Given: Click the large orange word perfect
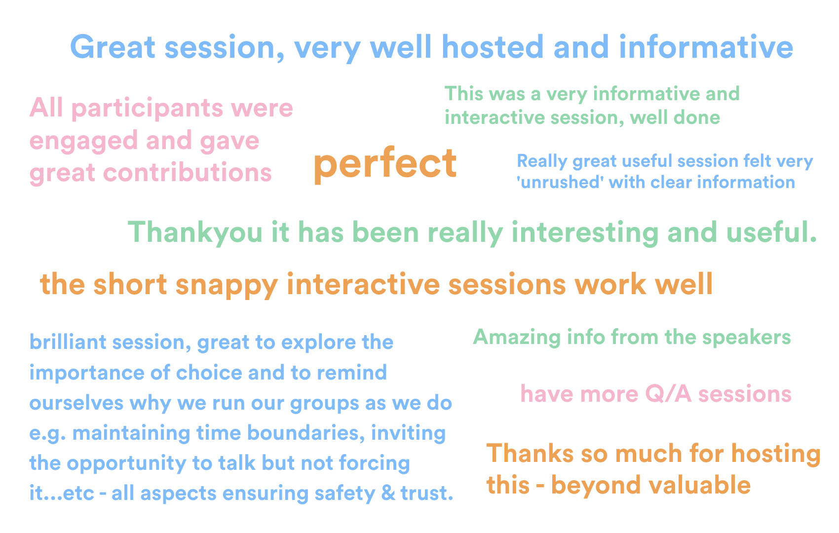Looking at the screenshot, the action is [x=385, y=164].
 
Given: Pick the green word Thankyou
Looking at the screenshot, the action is [x=195, y=233].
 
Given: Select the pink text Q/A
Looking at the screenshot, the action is [x=668, y=394].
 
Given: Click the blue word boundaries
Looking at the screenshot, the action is [x=306, y=433].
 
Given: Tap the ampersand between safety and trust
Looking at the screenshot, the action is [x=388, y=494].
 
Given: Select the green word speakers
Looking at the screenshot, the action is [x=747, y=337].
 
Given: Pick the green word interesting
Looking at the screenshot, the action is [x=585, y=233].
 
